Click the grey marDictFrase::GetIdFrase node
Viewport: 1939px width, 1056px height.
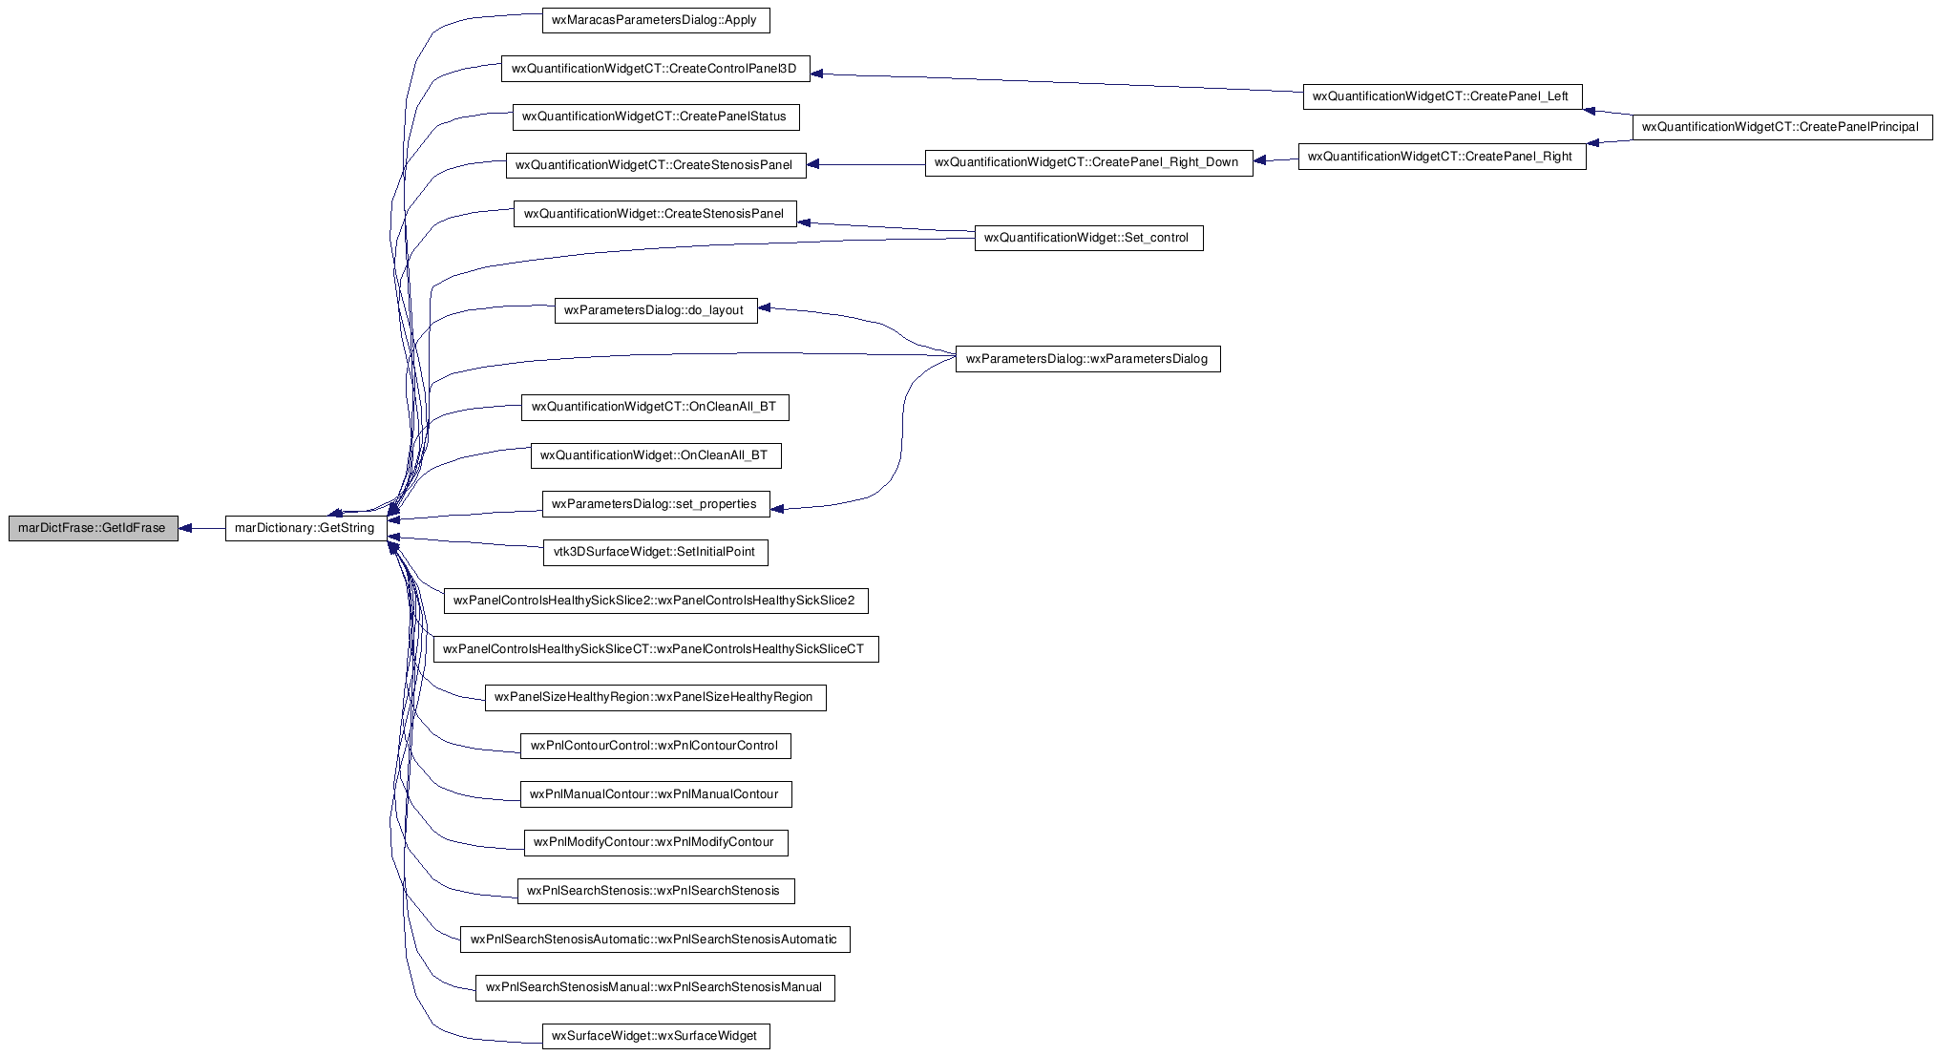click(x=94, y=528)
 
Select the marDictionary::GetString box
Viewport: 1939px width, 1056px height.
click(x=306, y=528)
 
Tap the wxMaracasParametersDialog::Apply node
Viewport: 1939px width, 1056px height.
click(x=656, y=20)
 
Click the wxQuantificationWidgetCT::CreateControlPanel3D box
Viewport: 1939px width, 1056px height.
click(x=656, y=69)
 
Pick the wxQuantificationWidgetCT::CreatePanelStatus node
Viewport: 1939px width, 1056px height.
click(x=656, y=116)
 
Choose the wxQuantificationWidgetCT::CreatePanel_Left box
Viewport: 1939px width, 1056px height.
click(x=1443, y=96)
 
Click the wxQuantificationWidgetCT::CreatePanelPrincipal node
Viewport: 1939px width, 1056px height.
click(x=1782, y=127)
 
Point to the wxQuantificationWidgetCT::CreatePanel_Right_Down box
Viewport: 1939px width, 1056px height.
click(x=1088, y=162)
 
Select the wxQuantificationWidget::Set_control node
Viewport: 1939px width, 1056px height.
click(x=1088, y=238)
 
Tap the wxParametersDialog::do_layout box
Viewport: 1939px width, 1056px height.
click(x=656, y=310)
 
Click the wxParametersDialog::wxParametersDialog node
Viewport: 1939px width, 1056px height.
click(x=1088, y=359)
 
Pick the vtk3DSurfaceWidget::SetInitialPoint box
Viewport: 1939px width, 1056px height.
click(x=656, y=552)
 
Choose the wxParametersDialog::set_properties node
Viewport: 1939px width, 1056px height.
click(x=656, y=504)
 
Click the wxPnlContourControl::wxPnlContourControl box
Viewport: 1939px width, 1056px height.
click(x=656, y=746)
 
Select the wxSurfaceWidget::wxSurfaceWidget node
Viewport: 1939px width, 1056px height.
click(x=656, y=1036)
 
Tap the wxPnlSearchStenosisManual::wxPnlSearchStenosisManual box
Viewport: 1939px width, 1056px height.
click(x=656, y=987)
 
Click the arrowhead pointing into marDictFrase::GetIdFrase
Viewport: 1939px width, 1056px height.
click(x=186, y=528)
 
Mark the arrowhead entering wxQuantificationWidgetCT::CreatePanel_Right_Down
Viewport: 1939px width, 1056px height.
click(x=1260, y=160)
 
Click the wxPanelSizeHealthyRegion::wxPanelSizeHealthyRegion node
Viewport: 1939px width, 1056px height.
click(x=656, y=698)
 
